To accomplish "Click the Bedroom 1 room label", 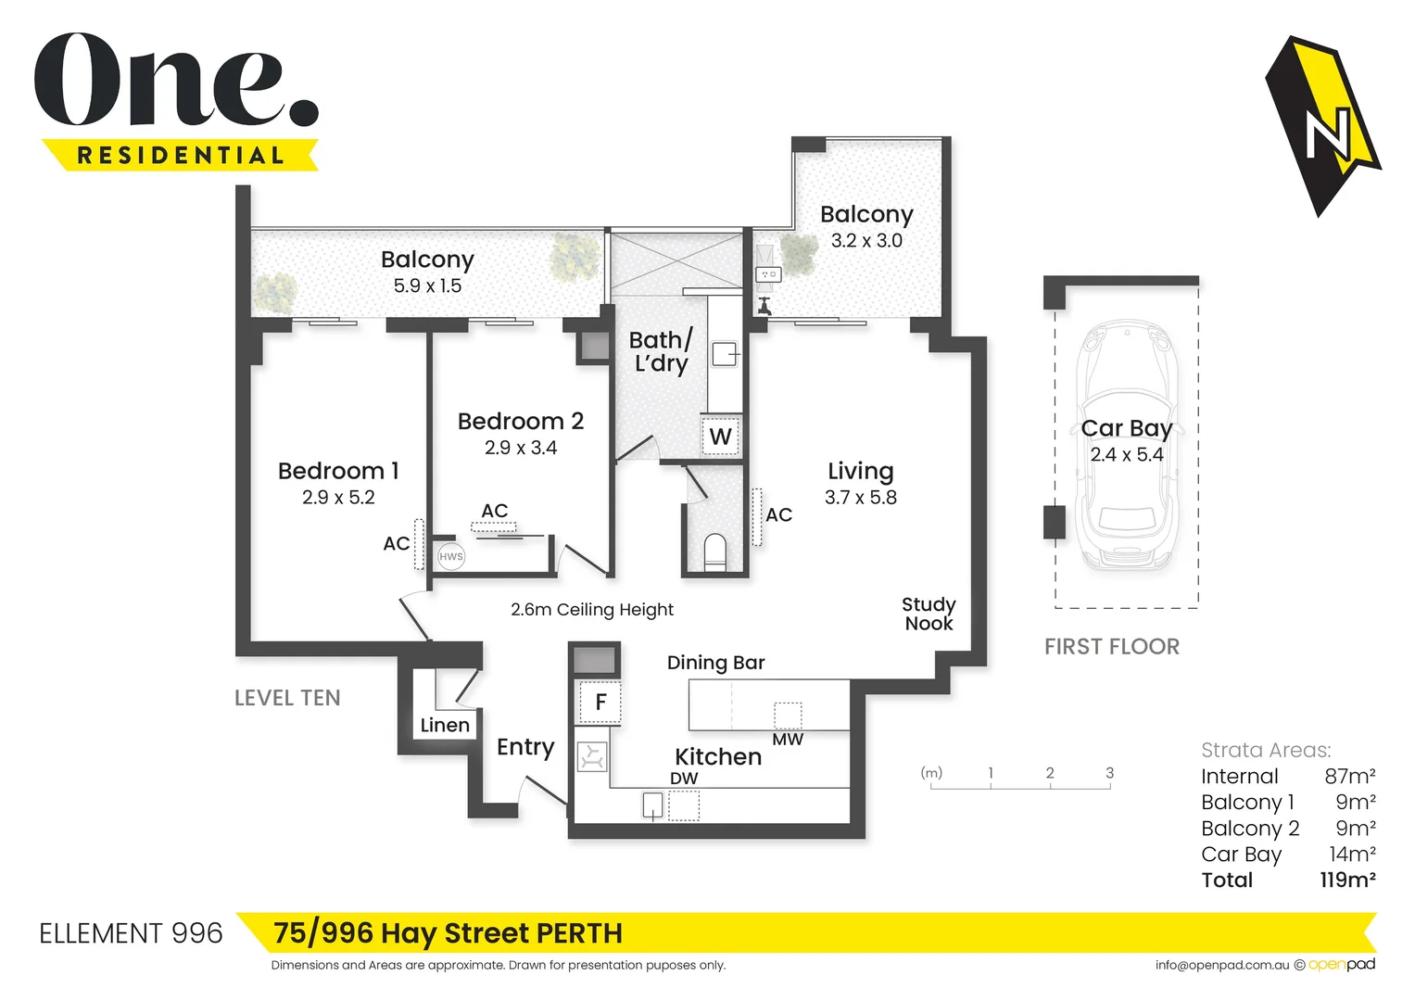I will point(338,471).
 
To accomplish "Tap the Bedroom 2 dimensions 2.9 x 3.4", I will point(521,448).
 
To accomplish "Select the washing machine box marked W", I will point(720,436).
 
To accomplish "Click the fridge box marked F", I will point(600,702).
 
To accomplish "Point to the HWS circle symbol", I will point(451,557).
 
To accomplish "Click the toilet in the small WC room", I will point(714,551).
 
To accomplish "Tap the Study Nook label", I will point(929,614).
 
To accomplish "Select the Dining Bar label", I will point(715,663).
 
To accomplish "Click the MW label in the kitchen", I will point(788,740).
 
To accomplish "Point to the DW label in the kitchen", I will point(684,779).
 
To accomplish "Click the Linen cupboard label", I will point(445,725).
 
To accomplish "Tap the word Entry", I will point(525,747).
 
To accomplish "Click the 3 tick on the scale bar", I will point(1109,773).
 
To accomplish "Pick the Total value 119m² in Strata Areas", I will point(1347,880).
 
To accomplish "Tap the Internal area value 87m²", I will point(1349,776).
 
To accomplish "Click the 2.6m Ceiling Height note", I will point(592,610).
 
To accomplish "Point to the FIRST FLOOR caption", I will point(1112,647).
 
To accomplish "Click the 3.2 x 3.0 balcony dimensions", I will point(866,241).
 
